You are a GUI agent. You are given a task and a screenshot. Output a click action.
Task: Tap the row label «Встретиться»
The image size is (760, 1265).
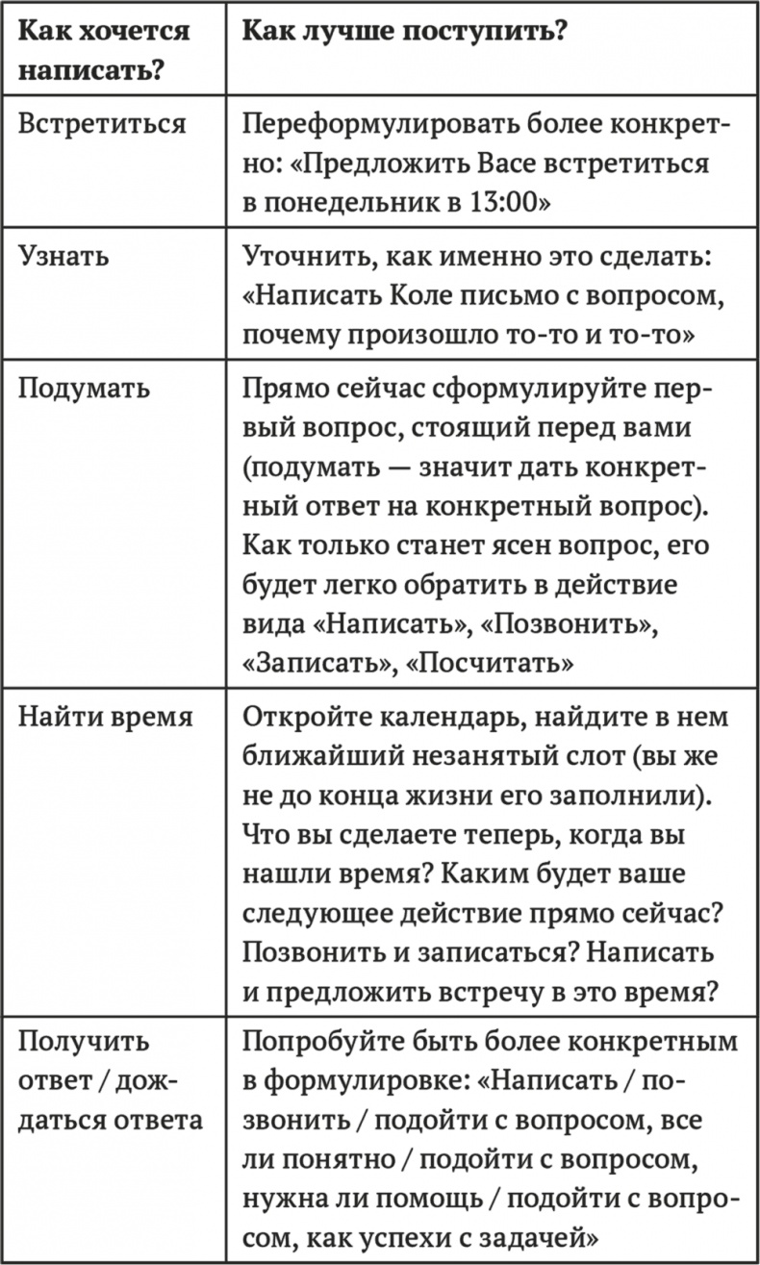(x=103, y=125)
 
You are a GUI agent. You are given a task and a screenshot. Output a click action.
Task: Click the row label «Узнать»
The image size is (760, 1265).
(x=64, y=257)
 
